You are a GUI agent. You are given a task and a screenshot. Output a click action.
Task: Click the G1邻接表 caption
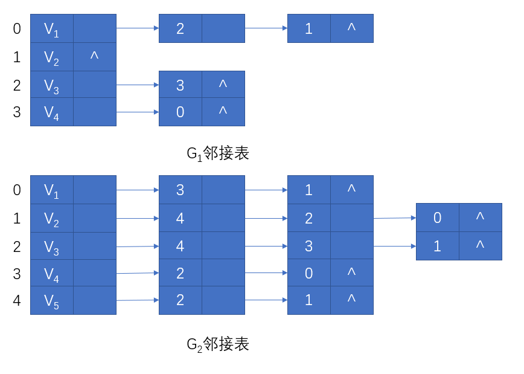217,153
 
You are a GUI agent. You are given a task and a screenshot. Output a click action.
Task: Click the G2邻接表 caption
217,344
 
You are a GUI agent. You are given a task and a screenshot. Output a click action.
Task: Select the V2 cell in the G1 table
52,57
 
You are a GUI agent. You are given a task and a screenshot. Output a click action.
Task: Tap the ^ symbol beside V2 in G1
94,56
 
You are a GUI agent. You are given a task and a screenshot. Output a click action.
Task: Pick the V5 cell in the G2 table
52,300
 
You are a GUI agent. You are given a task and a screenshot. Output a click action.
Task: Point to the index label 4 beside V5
17,300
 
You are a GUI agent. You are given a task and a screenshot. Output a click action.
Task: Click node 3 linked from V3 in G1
181,85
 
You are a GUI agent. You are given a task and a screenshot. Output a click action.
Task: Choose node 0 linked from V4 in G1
181,112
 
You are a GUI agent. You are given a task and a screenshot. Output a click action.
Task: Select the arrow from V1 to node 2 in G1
138,28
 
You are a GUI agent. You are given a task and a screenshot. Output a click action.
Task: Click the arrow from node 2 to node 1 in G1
266,28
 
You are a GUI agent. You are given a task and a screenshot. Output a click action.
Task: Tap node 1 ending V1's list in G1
309,28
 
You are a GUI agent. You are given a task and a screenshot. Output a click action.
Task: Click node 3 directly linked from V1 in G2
181,190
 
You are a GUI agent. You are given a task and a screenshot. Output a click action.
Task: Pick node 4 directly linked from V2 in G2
181,218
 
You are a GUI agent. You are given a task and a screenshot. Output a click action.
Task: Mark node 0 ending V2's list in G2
438,218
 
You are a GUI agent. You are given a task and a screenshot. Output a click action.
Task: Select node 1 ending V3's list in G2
438,246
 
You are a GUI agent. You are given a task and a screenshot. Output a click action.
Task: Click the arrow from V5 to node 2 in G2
138,300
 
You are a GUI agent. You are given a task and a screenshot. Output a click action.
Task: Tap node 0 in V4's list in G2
309,273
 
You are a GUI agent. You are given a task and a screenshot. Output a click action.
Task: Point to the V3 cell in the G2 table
52,246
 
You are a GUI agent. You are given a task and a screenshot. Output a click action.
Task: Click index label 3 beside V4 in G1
17,112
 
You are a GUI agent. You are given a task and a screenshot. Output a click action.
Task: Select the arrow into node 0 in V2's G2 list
395,218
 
